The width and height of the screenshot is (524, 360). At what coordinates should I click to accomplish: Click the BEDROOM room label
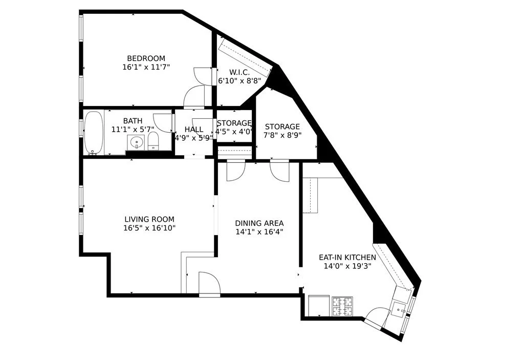tap(146, 58)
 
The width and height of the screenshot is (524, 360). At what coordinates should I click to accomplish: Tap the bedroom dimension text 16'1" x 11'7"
tap(146, 67)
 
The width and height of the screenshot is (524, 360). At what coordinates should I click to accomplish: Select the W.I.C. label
tap(239, 72)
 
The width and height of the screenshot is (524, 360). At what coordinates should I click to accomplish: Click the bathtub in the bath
tap(94, 133)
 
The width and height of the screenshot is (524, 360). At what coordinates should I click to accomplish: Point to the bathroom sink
tap(136, 143)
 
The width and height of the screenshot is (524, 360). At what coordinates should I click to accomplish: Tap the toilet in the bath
tap(153, 142)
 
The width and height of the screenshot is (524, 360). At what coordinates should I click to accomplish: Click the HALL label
tap(193, 130)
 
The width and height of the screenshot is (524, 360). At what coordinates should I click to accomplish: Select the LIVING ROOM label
tap(149, 220)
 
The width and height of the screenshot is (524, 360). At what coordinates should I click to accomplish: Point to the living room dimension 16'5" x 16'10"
tap(149, 228)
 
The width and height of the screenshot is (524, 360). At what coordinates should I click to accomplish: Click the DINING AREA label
tap(259, 223)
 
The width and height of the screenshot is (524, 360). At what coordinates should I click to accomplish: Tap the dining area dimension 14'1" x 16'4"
tap(259, 231)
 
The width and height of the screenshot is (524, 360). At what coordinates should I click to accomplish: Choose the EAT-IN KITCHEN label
tap(347, 258)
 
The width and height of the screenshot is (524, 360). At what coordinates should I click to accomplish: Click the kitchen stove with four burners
tap(342, 306)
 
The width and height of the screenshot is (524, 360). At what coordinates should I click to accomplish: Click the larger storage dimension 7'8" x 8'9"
tap(282, 136)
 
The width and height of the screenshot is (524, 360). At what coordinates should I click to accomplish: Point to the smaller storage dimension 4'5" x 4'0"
tap(234, 131)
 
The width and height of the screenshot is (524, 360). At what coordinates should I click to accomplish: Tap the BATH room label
tap(133, 121)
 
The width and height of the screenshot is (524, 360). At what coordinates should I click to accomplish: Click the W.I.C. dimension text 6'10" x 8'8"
tap(239, 81)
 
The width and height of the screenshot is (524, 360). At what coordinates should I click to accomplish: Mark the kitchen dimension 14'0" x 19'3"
tap(347, 266)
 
